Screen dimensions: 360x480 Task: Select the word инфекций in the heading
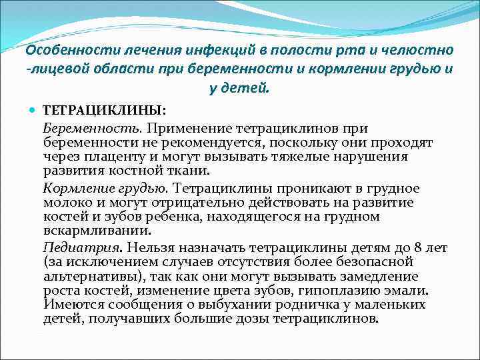tap(217, 51)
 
